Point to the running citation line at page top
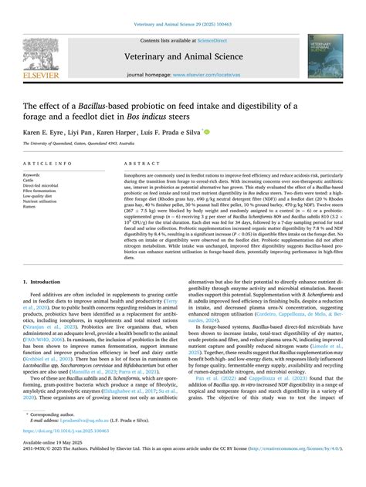tap(183, 25)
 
